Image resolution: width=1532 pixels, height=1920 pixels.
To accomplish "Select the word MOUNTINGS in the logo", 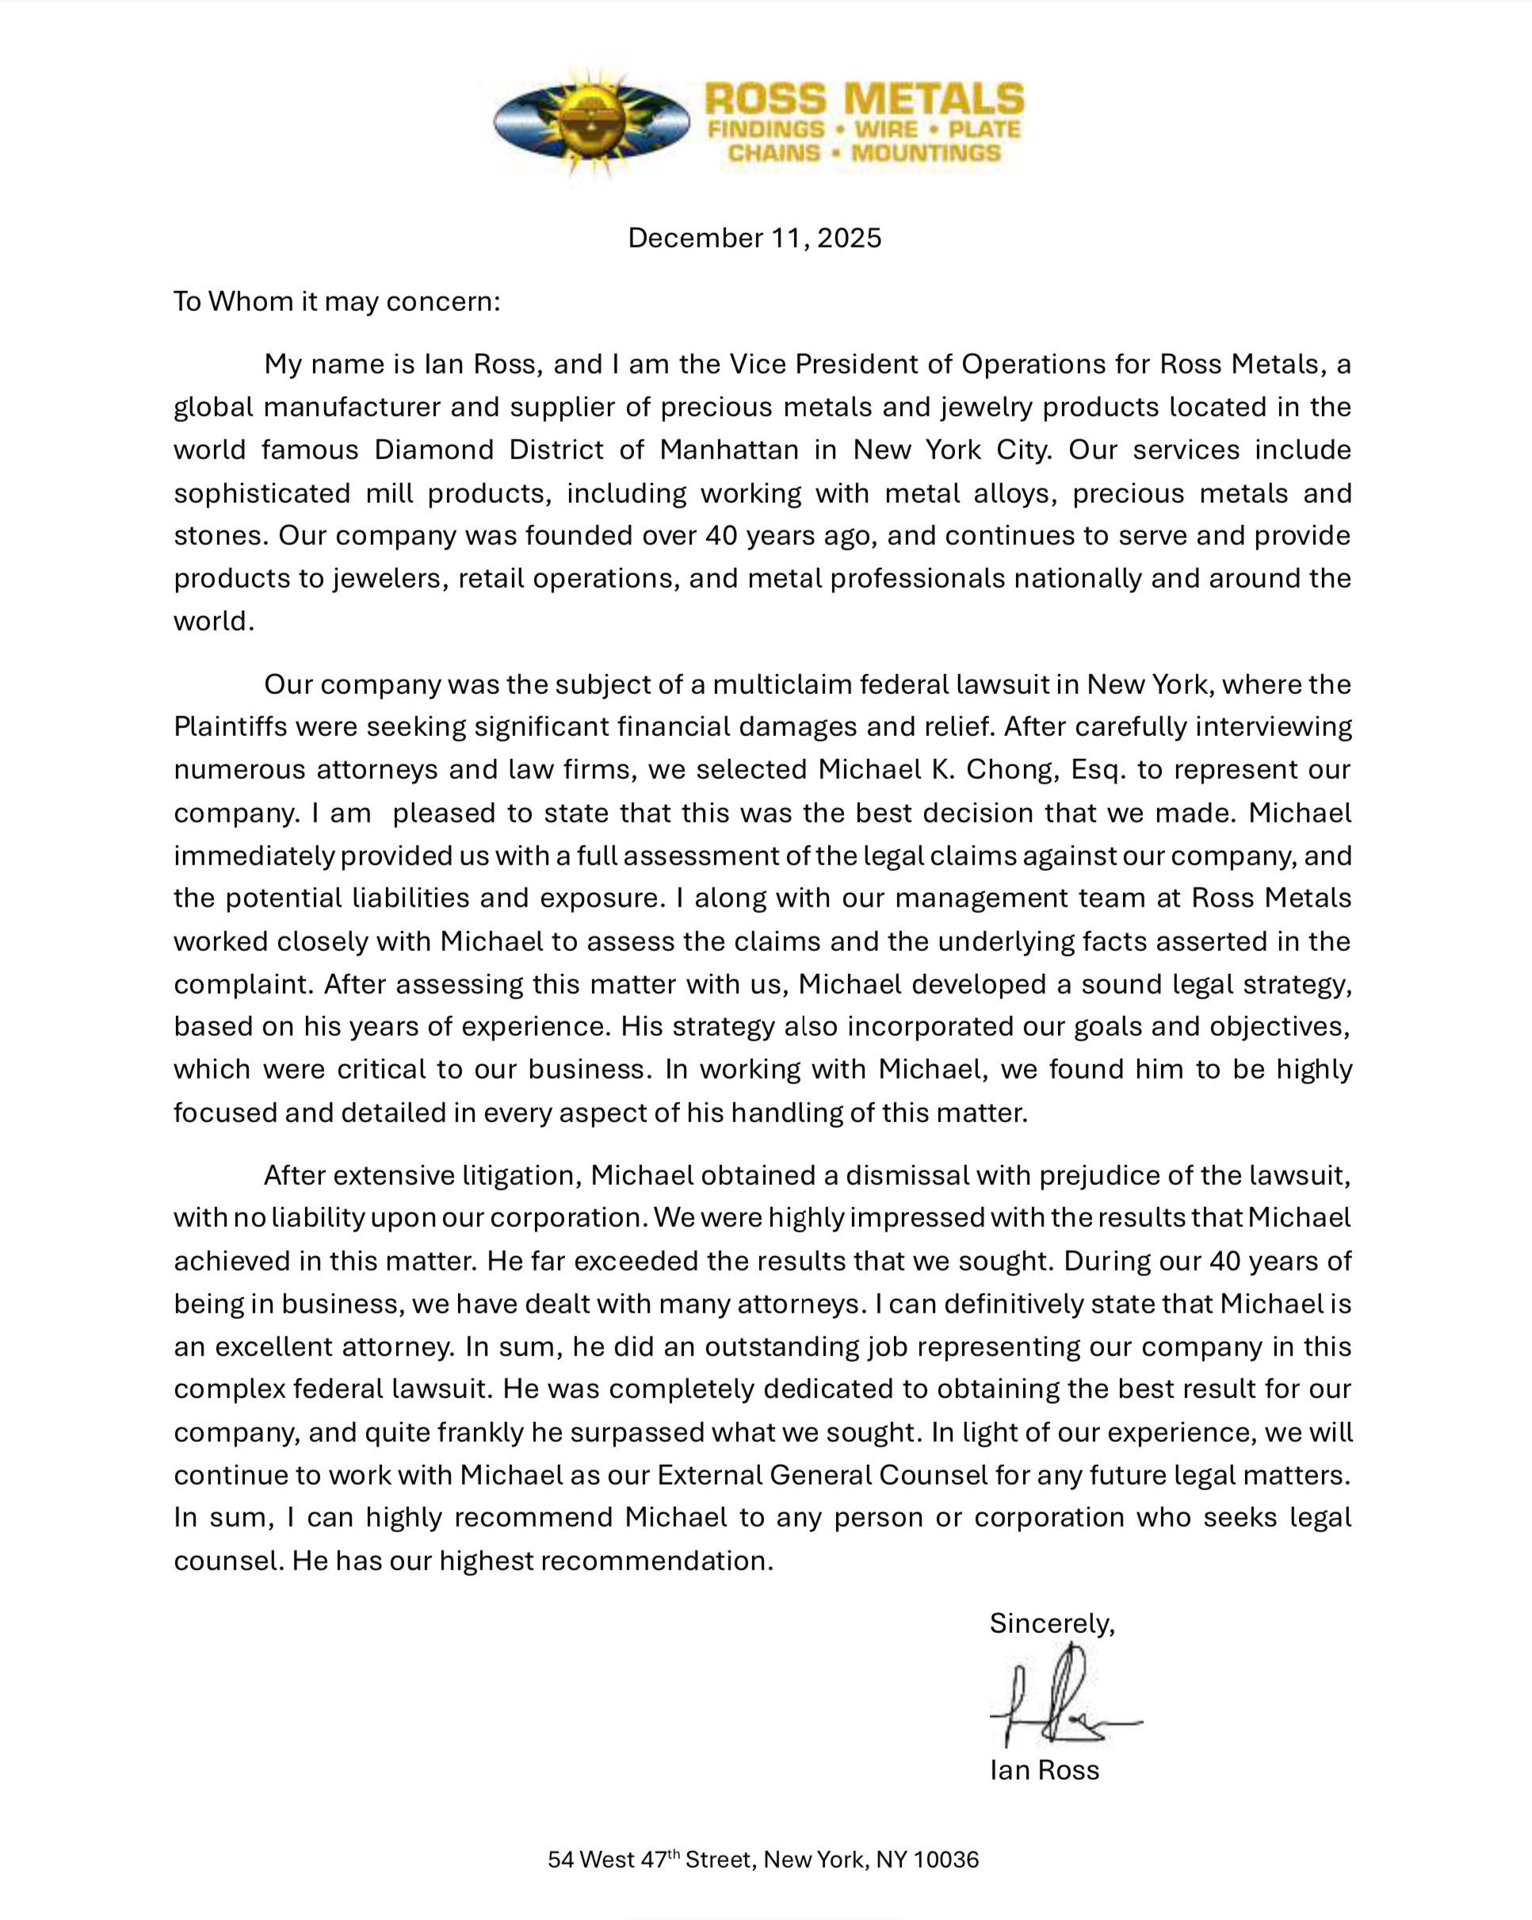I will click(926, 153).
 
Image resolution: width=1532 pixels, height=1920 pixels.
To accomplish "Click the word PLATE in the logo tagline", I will click(984, 130).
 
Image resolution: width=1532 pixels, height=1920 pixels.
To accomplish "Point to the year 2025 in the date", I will click(850, 238).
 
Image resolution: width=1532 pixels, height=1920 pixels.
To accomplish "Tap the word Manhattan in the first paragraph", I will click(729, 450).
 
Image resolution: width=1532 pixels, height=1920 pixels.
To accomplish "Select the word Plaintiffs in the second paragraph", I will click(230, 726).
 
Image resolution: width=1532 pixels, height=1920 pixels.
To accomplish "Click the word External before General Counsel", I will click(709, 1475).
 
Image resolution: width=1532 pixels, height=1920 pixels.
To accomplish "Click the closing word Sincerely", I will click(1051, 1623).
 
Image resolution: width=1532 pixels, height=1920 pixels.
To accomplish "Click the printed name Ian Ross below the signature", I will click(1044, 1769).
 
